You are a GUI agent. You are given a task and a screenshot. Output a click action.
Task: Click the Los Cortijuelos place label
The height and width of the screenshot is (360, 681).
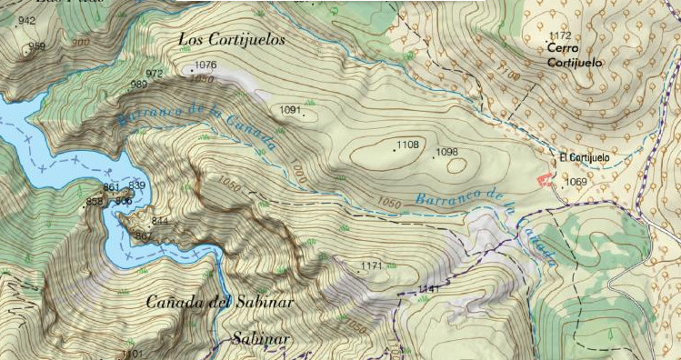232,40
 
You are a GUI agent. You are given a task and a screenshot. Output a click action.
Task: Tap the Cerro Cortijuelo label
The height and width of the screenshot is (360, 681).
575,55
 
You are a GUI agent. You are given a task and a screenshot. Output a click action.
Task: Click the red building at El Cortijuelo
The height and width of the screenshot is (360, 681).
546,180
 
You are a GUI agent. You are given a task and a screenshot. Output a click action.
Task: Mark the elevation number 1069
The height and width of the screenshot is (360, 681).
576,182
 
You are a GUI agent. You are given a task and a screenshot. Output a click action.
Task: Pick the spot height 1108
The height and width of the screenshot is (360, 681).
408,145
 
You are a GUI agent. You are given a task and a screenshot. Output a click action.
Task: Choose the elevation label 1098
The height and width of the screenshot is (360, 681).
447,153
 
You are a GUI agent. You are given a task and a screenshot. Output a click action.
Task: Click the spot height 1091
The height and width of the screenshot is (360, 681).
290,110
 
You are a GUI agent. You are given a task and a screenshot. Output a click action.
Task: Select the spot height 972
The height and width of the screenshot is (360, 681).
155,74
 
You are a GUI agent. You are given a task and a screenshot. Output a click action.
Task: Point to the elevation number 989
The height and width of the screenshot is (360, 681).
139,85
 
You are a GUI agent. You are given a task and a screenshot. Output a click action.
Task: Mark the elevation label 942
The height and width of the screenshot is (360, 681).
26,20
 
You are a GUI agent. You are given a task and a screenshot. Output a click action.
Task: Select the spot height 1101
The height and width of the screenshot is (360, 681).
132,353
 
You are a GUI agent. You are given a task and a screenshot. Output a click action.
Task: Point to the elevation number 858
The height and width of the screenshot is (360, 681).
95,202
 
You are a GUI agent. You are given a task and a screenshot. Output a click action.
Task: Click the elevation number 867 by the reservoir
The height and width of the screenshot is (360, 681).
144,235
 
